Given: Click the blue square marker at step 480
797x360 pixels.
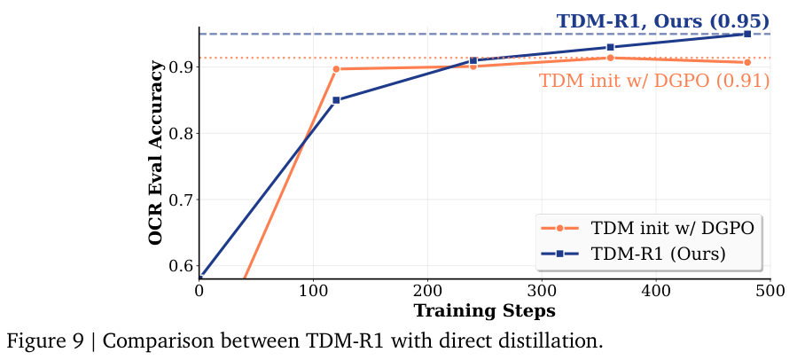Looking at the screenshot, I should [747, 34].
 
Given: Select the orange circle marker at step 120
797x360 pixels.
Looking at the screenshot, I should [336, 68].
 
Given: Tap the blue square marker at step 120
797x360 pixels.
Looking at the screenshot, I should [336, 99].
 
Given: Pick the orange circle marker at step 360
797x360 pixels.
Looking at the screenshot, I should [610, 58].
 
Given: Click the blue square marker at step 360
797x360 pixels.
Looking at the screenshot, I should [610, 47].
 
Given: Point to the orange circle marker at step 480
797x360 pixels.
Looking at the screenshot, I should [747, 62].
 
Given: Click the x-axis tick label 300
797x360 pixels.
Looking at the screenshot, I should [542, 290].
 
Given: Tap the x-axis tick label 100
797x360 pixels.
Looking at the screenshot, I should [313, 290].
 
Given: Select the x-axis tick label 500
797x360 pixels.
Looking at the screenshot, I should [770, 290].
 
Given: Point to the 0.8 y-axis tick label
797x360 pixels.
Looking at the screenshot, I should [180, 134].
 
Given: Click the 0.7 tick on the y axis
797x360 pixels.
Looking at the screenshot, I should [180, 200].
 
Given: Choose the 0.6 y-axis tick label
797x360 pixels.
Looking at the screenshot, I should [180, 265].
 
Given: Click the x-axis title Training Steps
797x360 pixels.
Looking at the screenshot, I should [484, 310].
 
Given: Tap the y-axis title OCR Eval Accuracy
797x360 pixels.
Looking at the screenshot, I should [156, 153].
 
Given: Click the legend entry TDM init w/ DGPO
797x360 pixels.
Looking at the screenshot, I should [672, 227].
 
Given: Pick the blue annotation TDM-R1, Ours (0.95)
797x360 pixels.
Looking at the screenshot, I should [662, 20].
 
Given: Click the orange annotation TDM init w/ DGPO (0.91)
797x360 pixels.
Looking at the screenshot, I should [653, 81].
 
